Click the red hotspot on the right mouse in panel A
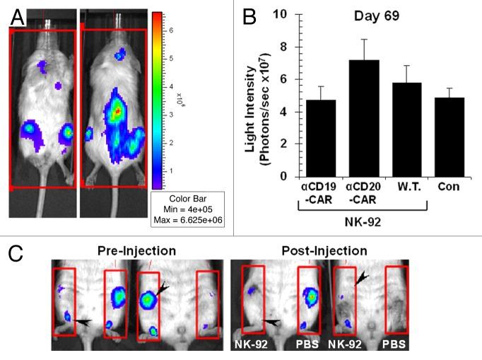[x=117, y=111]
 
